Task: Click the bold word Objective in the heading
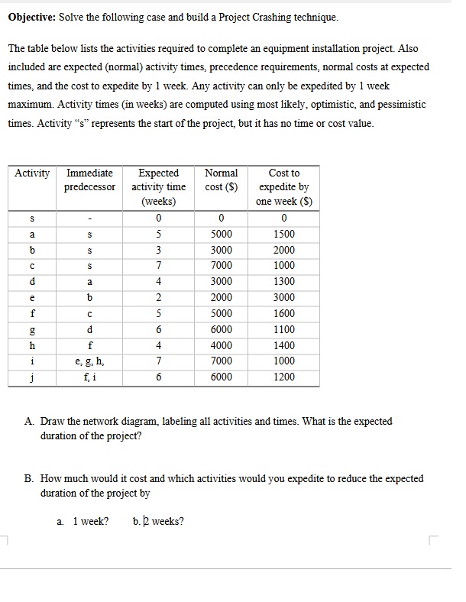pos(31,17)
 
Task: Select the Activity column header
pos(32,173)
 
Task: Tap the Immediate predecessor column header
pos(91,180)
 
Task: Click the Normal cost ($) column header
pos(222,180)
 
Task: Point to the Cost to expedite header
pos(284,187)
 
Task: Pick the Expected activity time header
pos(159,187)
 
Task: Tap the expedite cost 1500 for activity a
pos(284,235)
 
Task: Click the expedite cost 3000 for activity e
pos(284,298)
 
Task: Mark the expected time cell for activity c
pos(158,267)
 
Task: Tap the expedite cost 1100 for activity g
pos(284,330)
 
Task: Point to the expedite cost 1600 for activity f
pos(284,314)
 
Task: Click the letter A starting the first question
pos(28,422)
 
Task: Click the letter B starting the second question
pos(28,479)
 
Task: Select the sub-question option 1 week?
pos(90,522)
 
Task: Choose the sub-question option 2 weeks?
pos(162,522)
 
